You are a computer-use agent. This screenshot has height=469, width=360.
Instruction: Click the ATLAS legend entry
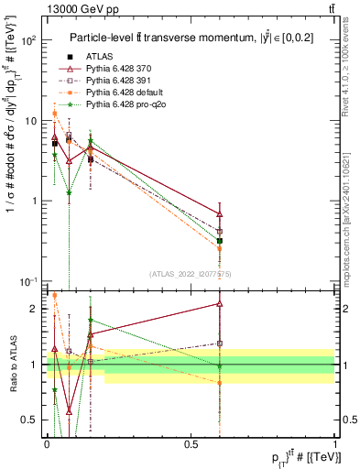coord(98,58)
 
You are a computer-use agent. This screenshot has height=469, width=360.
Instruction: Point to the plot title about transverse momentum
coord(188,38)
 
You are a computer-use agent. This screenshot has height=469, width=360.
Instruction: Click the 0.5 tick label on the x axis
coord(191,444)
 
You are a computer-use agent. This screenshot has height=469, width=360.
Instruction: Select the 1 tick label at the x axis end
coord(334,444)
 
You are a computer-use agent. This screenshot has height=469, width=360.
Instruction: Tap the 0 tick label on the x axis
coord(48,444)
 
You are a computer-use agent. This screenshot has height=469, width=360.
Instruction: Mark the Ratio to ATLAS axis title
coord(14,364)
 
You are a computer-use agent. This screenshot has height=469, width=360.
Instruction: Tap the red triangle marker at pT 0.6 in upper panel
coord(219,214)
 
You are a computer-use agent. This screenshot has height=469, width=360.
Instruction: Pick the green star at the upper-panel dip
coord(70,193)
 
